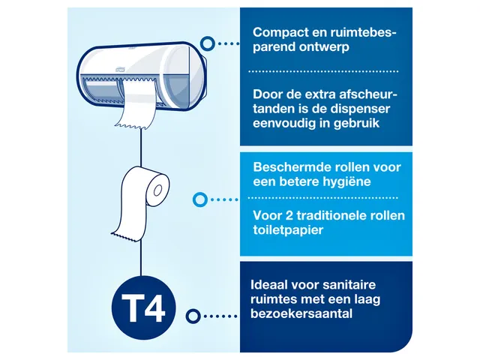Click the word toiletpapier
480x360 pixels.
pyautogui.click(x=288, y=230)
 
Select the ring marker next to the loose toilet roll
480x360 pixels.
pyautogui.click(x=199, y=200)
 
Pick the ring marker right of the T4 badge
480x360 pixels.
pyautogui.click(x=194, y=316)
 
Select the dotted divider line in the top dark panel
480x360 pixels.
pyautogui.click(x=325, y=71)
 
